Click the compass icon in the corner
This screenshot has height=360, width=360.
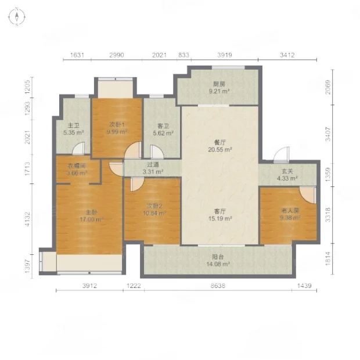coord(17,16)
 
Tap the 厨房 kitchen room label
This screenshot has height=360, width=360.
coord(219,84)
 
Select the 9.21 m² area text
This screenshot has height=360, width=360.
coord(219,91)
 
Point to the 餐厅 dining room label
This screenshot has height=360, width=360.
coord(219,142)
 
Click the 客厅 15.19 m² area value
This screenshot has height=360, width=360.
coord(220,218)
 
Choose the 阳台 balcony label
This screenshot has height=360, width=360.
coord(218,257)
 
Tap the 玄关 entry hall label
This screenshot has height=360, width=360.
coord(287,171)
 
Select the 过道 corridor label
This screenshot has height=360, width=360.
coord(153,165)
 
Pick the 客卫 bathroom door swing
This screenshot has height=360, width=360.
coord(157,152)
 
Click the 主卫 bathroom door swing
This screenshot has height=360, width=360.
coord(78,148)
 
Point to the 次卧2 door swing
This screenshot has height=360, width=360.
coord(137,184)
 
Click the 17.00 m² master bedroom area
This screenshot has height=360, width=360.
coord(91,219)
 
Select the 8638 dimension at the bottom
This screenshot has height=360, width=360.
coord(218,286)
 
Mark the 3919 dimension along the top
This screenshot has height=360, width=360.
coord(225,55)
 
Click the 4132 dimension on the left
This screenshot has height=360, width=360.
coord(27,219)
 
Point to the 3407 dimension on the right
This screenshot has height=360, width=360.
coord(328,134)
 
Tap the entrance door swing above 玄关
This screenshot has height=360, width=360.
coord(282,154)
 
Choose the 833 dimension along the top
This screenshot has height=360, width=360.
coord(183,55)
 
